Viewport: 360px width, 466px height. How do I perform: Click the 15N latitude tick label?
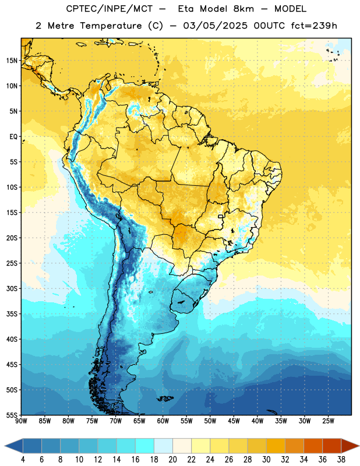coord(12,61)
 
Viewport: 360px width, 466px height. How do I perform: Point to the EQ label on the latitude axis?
coord(13,137)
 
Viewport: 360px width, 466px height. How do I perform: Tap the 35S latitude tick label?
coord(12,314)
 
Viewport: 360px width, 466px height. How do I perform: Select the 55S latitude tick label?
coord(12,415)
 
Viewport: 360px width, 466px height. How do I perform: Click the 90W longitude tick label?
coord(21,421)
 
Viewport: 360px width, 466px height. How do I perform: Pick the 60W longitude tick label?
coord(163,421)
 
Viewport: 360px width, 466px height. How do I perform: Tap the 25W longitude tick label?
coord(328,421)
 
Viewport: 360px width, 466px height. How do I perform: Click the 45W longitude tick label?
coord(234,421)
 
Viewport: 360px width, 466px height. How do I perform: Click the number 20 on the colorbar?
coord(172,460)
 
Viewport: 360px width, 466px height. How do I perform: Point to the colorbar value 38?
coord(341,460)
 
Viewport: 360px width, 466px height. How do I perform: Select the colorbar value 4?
coord(23,460)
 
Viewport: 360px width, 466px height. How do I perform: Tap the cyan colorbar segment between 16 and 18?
coord(145,446)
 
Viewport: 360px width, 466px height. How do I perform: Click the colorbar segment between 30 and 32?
coord(276,446)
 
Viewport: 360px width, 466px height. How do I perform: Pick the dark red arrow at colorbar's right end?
coord(350,446)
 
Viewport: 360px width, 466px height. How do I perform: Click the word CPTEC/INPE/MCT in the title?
coord(109,9)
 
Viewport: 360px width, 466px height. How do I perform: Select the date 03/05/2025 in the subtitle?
coord(215,26)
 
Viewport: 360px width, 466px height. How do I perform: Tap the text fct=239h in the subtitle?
coord(314,26)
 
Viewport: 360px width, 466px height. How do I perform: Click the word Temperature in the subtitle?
coord(111,26)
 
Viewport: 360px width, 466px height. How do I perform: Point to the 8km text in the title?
coord(243,9)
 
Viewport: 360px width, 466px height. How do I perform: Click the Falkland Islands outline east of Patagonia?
coord(165,398)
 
